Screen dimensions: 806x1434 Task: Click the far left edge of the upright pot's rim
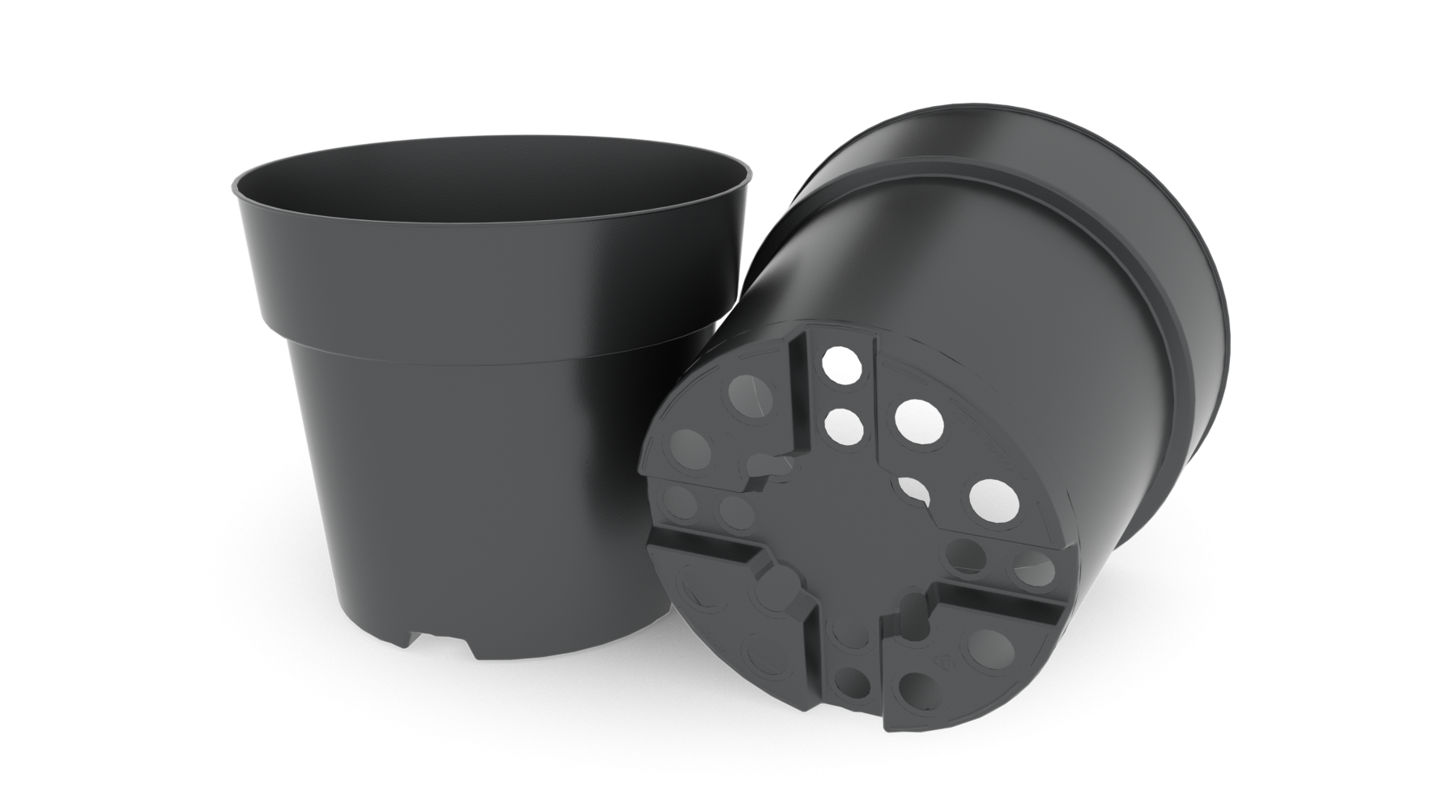tap(234, 186)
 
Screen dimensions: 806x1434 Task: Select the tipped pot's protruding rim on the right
tap(1206, 340)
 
